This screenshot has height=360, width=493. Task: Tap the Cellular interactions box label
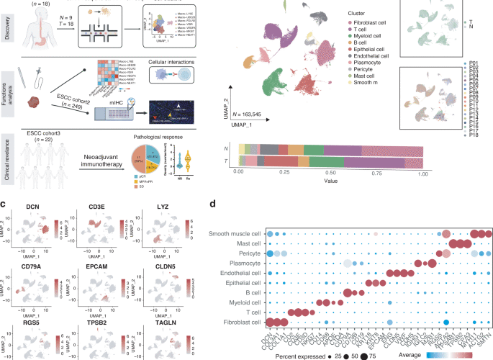[x=176, y=64]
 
